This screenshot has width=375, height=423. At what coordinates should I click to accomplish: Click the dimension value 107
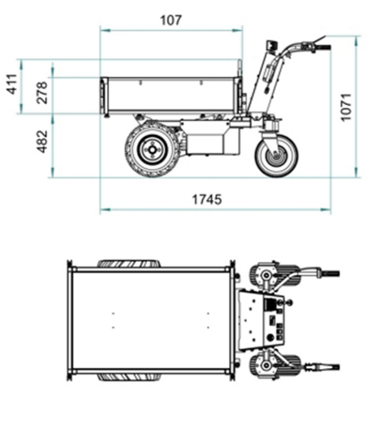[171, 20]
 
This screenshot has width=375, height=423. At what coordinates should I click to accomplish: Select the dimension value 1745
[207, 200]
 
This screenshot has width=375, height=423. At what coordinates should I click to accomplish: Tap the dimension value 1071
[345, 106]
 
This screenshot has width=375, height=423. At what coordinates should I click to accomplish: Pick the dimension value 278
[42, 92]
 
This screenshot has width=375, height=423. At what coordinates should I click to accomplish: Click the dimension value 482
[42, 141]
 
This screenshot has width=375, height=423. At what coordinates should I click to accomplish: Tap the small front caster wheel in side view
[277, 154]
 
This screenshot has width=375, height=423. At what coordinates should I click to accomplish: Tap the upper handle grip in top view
[330, 273]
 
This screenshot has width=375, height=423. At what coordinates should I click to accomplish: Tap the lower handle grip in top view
[330, 366]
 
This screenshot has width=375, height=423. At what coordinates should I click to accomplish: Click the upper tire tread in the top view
[129, 264]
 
